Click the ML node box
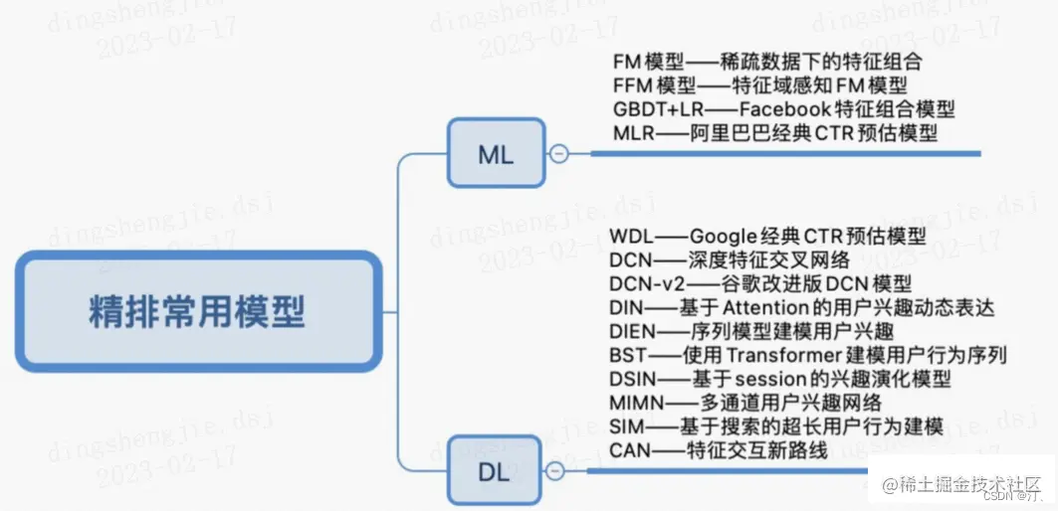[x=496, y=153]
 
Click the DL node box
[x=495, y=470]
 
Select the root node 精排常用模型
[x=197, y=312]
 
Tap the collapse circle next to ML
[x=559, y=154]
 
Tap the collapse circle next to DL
[x=556, y=470]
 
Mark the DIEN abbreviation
[x=632, y=332]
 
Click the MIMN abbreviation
[x=636, y=404]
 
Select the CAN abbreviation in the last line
[x=630, y=451]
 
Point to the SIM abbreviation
[x=626, y=427]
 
